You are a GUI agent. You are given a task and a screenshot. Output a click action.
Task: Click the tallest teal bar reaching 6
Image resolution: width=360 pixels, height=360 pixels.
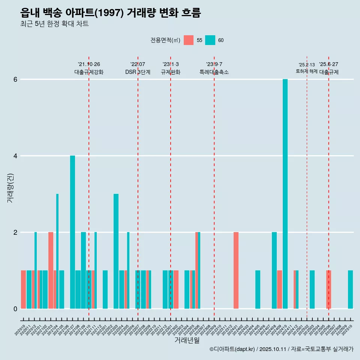285,194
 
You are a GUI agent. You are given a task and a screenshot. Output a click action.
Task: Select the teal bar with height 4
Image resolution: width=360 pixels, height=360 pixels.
72,232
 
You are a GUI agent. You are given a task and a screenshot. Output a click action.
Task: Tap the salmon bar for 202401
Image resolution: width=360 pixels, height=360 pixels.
236,270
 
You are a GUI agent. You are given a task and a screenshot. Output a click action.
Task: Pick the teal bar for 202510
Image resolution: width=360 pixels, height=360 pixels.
350,289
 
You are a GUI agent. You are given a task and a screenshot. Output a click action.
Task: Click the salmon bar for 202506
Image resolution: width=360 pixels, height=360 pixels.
328,289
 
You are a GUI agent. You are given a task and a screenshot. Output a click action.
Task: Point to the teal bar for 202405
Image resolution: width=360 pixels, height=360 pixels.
258,289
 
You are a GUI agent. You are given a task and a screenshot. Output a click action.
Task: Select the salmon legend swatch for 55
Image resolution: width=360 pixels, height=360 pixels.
189,40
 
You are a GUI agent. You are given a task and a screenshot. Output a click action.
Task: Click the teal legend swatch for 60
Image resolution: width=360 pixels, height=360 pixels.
210,40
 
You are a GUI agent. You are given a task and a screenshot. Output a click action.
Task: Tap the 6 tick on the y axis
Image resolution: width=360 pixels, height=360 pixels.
15,79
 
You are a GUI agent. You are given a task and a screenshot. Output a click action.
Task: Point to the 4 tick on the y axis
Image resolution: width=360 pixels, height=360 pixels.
15,156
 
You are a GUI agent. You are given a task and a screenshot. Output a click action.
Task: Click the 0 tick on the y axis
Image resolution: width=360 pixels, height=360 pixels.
15,309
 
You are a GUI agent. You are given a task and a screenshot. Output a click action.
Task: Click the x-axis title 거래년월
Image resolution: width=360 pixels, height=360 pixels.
187,340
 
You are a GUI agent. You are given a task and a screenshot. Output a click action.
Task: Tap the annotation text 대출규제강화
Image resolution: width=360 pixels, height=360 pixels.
89,72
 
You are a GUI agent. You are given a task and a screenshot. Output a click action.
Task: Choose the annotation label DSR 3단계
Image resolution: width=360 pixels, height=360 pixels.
138,72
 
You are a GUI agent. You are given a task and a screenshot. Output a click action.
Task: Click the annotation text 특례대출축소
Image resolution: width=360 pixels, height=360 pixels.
214,72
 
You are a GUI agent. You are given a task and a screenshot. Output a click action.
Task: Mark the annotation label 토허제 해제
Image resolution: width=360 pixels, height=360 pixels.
307,71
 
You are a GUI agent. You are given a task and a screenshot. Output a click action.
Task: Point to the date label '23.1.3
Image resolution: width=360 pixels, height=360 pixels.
171,64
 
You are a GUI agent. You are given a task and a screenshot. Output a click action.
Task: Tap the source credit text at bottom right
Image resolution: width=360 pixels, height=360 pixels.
281,349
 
